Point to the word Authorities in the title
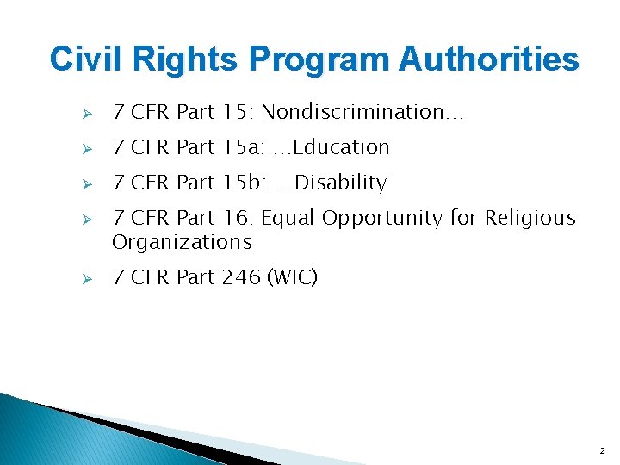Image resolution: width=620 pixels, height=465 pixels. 489,59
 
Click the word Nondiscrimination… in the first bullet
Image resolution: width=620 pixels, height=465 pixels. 363,112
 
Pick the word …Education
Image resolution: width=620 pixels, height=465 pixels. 331,147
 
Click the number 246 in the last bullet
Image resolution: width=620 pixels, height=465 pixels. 242,277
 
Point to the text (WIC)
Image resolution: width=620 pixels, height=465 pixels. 293,277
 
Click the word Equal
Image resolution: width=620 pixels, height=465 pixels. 288,218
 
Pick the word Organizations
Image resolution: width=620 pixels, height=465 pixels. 182,242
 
